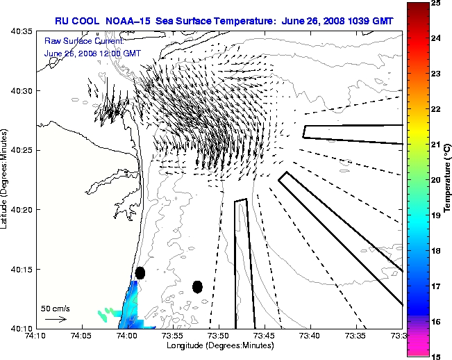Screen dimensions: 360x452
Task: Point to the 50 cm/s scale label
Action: tap(56, 308)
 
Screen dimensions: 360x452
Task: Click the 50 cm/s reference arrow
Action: tap(56, 319)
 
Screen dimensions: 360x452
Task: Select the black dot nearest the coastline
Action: tap(140, 272)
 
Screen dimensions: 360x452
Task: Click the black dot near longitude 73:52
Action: tap(197, 286)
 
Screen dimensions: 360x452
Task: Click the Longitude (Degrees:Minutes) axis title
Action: tap(219, 345)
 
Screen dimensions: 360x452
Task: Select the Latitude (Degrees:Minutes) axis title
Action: tap(6, 179)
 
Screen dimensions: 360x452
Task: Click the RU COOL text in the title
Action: tap(78, 21)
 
